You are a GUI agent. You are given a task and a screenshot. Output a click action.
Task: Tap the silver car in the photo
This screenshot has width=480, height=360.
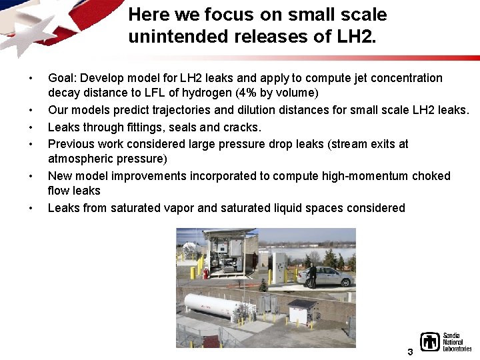click(331, 276)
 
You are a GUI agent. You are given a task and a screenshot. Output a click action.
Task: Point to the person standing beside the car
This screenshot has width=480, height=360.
click(311, 274)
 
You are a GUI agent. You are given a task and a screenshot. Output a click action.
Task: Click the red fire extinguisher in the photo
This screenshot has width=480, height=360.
click(206, 273)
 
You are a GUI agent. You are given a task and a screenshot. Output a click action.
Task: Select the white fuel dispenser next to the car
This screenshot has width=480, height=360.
click(281, 267)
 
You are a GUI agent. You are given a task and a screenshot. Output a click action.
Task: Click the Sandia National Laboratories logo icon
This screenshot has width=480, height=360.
click(430, 342)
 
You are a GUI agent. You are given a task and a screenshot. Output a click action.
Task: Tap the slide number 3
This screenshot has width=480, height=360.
click(410, 351)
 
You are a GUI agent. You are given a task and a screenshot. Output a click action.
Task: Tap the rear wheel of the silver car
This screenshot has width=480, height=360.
click(345, 283)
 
